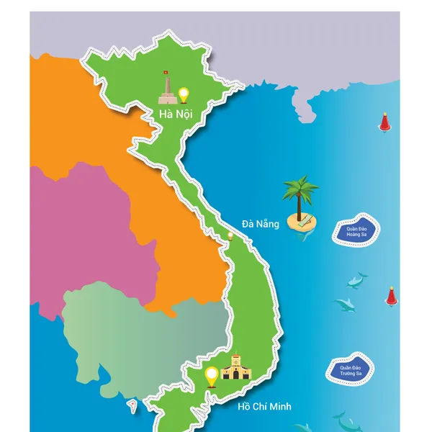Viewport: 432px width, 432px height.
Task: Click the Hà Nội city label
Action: [x=175, y=113]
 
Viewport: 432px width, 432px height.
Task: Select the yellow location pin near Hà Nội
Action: [x=184, y=94]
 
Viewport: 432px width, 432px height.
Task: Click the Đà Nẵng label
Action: [x=260, y=223]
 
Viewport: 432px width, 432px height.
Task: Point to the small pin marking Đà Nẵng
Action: [x=230, y=235]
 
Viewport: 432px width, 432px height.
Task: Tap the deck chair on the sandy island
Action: [x=305, y=220]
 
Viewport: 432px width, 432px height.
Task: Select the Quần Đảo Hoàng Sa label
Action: [x=356, y=231]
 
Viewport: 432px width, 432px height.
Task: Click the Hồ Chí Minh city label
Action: [x=264, y=407]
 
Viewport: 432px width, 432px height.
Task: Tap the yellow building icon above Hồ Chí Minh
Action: [x=234, y=368]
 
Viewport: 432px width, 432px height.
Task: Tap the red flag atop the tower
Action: [x=165, y=73]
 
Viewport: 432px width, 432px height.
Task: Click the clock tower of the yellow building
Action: [x=234, y=359]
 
